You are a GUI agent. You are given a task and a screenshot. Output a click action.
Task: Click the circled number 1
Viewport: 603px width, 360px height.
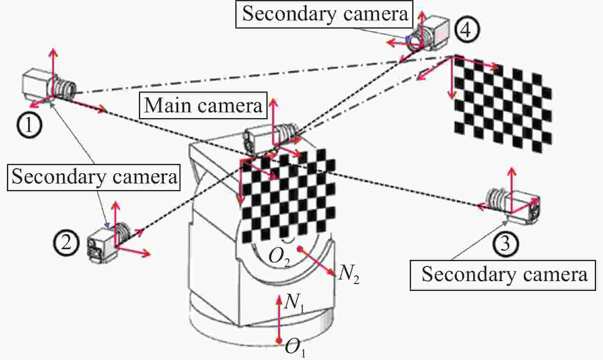point(29,125)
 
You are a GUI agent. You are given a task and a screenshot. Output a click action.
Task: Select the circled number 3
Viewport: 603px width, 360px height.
point(505,244)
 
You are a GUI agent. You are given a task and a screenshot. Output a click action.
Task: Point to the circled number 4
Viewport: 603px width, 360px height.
point(467,29)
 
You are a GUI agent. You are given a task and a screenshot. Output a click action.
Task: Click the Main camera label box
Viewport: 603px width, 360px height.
point(203,105)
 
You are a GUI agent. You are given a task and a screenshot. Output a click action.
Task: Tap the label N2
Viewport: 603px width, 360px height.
point(348,275)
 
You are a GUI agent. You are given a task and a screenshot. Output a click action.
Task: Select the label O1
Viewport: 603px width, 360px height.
point(295,348)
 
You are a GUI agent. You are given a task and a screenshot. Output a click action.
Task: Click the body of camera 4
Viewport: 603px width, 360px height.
point(436,32)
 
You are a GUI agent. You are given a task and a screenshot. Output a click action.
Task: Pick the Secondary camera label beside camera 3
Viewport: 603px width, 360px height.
point(503,275)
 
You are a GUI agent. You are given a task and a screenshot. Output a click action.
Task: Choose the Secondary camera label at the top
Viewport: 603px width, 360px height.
point(324,14)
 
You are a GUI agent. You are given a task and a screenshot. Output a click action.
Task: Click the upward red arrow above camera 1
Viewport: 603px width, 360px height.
point(54,73)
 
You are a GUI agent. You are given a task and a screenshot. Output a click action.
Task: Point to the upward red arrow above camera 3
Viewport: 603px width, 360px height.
point(512,190)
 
